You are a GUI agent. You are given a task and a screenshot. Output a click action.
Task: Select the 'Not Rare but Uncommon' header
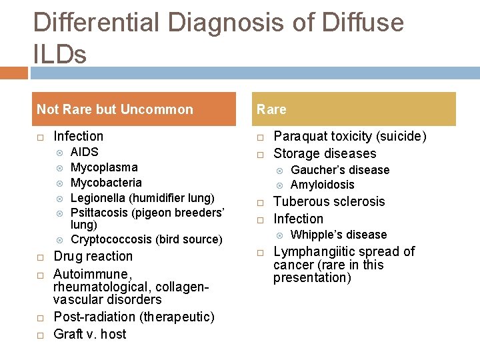click(x=115, y=109)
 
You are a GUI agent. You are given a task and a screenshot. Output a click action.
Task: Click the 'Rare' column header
click(x=271, y=109)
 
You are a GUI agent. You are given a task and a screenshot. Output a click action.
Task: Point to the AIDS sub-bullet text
click(x=84, y=152)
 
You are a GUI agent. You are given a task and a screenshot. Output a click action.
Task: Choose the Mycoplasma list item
click(x=104, y=167)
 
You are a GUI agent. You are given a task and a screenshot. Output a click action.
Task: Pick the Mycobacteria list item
click(x=106, y=182)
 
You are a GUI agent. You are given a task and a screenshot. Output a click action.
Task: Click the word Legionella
click(x=97, y=197)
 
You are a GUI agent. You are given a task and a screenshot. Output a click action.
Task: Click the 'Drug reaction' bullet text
click(x=93, y=257)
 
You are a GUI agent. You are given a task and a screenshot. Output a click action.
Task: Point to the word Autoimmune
click(x=83, y=274)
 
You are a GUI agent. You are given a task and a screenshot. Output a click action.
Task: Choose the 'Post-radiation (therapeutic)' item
click(x=133, y=317)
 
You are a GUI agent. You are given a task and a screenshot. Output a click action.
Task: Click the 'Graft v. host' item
click(x=89, y=334)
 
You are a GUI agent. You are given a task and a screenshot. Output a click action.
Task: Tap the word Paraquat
click(x=299, y=137)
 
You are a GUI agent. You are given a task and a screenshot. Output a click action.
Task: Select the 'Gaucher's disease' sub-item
click(x=340, y=170)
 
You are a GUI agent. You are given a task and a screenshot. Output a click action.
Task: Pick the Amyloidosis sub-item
click(x=323, y=185)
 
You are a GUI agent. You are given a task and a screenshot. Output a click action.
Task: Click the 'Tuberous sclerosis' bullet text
click(x=329, y=201)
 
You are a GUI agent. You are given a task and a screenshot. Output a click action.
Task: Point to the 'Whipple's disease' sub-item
click(x=339, y=235)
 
